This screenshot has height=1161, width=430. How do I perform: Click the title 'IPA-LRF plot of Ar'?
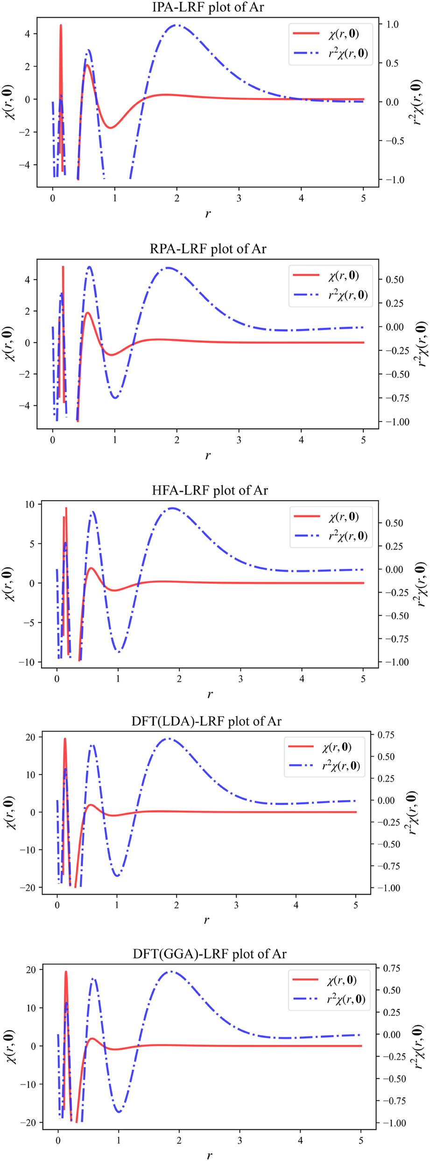click(x=208, y=7)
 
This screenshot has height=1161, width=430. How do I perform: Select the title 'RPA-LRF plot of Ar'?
click(x=208, y=249)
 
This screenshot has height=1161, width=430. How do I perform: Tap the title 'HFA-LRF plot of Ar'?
click(x=210, y=490)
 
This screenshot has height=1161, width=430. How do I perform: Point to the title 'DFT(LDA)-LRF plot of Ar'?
click(x=206, y=722)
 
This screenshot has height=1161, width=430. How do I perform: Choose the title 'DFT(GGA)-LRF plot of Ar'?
click(x=209, y=954)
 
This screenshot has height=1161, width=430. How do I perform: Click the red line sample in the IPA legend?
click(x=306, y=33)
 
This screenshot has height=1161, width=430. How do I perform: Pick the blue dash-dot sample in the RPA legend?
click(x=306, y=295)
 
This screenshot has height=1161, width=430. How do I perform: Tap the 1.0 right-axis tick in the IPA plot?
click(x=393, y=24)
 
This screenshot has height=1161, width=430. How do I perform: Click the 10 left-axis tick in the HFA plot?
click(x=30, y=504)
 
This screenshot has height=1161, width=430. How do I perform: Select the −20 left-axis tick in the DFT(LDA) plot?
click(x=28, y=888)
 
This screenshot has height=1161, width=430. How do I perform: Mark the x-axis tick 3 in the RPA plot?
click(x=239, y=440)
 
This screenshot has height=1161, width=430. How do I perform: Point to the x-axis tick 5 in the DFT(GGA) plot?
click(x=361, y=1140)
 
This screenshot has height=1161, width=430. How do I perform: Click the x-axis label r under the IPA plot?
click(x=208, y=214)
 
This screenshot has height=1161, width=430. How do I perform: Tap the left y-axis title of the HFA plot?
click(x=9, y=584)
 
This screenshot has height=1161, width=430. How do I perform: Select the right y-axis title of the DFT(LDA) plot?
click(x=411, y=813)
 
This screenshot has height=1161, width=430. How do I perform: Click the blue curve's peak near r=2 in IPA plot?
click(x=177, y=25)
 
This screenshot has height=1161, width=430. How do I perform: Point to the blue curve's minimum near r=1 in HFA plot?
click(x=119, y=651)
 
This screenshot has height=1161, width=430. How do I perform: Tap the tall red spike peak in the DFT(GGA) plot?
click(x=66, y=971)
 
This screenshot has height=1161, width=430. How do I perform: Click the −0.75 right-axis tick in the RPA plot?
click(x=394, y=398)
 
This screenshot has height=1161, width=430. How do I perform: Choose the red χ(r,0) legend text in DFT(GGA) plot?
click(x=342, y=980)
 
